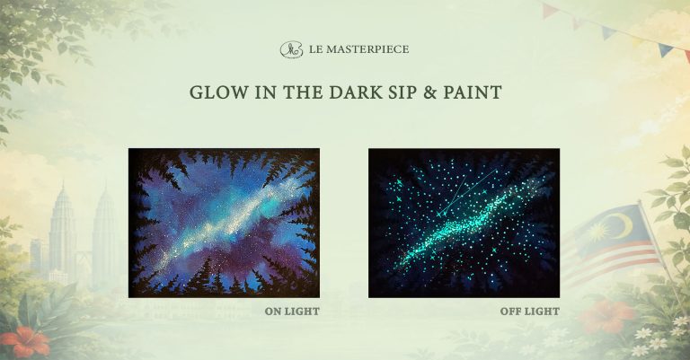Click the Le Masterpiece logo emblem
coord(291,49)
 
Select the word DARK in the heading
coord(358,92)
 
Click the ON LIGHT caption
coord(292,312)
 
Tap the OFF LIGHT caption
coord(530,312)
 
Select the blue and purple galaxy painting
coord(224,223)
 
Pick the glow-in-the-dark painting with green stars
coord(464,223)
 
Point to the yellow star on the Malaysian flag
coord(598,232)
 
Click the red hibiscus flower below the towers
coord(25,340)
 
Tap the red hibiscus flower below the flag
coord(607,316)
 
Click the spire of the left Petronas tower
coord(63,186)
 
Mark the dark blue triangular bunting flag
coord(665,49)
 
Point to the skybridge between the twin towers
coord(84,252)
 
